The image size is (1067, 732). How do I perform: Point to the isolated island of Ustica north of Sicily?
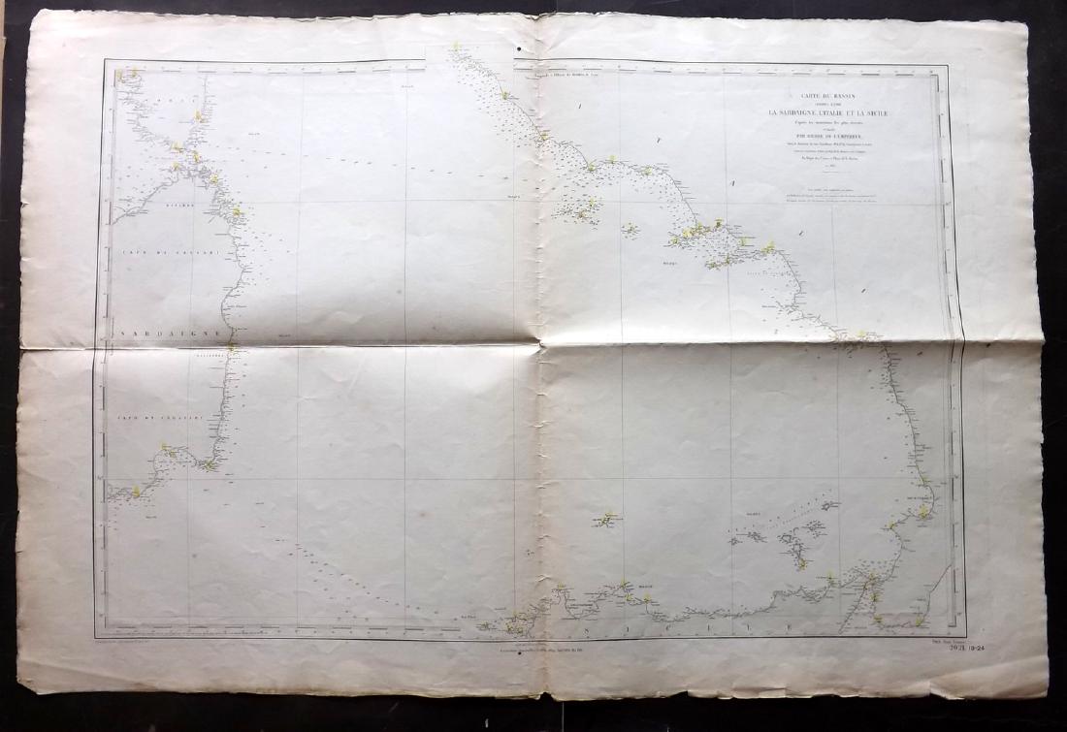(x=608, y=520)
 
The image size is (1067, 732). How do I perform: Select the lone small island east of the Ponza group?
(x=630, y=230)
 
